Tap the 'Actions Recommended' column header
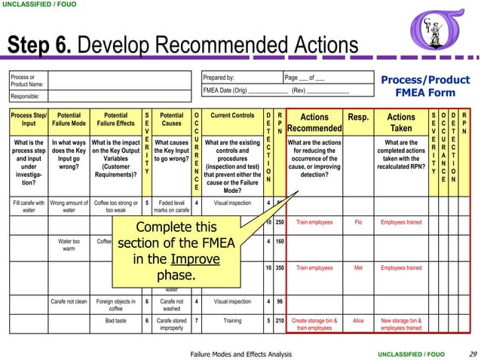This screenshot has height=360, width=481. (315, 123)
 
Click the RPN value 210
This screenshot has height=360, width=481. (278, 320)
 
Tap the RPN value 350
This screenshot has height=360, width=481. (278, 267)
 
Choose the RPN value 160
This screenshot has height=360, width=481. (278, 243)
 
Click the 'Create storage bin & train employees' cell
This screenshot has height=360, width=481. (315, 324)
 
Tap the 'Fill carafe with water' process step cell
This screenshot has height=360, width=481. (29, 206)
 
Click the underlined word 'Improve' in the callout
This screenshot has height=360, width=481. (199, 259)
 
